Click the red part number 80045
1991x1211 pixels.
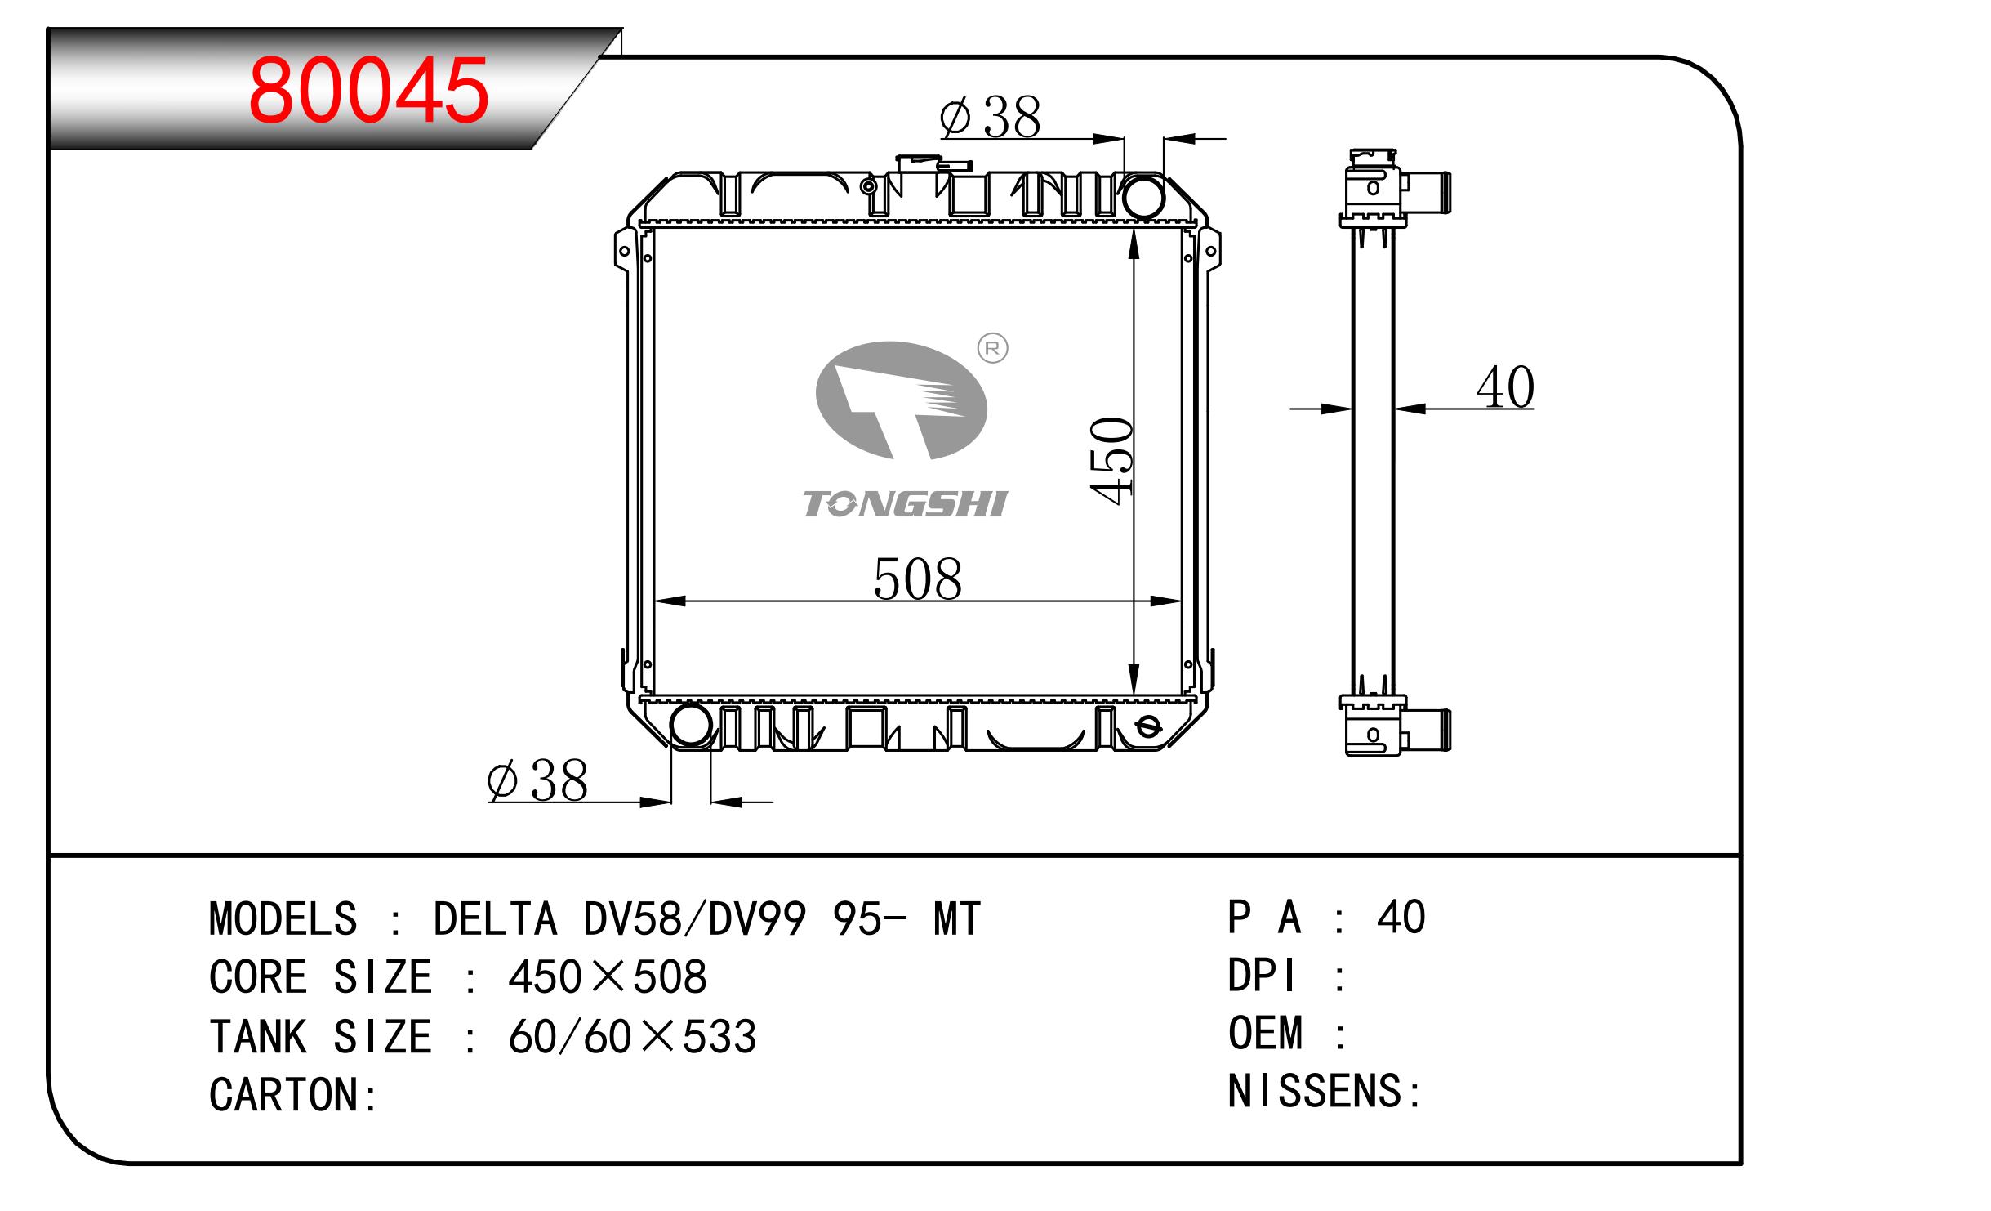pyautogui.click(x=368, y=91)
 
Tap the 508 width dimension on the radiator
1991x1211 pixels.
pyautogui.click(x=918, y=579)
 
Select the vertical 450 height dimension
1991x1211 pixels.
pyautogui.click(x=1111, y=461)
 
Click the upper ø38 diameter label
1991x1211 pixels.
pyautogui.click(x=990, y=117)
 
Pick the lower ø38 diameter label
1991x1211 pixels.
pyautogui.click(x=537, y=780)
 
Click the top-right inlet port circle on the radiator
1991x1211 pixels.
pyautogui.click(x=1143, y=196)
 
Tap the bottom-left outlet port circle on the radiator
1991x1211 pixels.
pyautogui.click(x=691, y=724)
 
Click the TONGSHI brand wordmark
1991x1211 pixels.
pyautogui.click(x=905, y=504)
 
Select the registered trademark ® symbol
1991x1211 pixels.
pyautogui.click(x=992, y=349)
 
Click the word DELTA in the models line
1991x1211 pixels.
pyautogui.click(x=495, y=918)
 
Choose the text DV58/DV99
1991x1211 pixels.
pyautogui.click(x=695, y=918)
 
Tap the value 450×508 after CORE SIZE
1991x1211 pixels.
pyautogui.click(x=607, y=976)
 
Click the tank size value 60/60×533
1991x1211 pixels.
pyautogui.click(x=632, y=1036)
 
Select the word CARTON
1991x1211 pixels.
pyautogui.click(x=284, y=1095)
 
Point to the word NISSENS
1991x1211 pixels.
pyautogui.click(x=1315, y=1091)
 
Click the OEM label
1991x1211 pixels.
pyautogui.click(x=1265, y=1033)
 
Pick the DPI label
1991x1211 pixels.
pyautogui.click(x=1262, y=975)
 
